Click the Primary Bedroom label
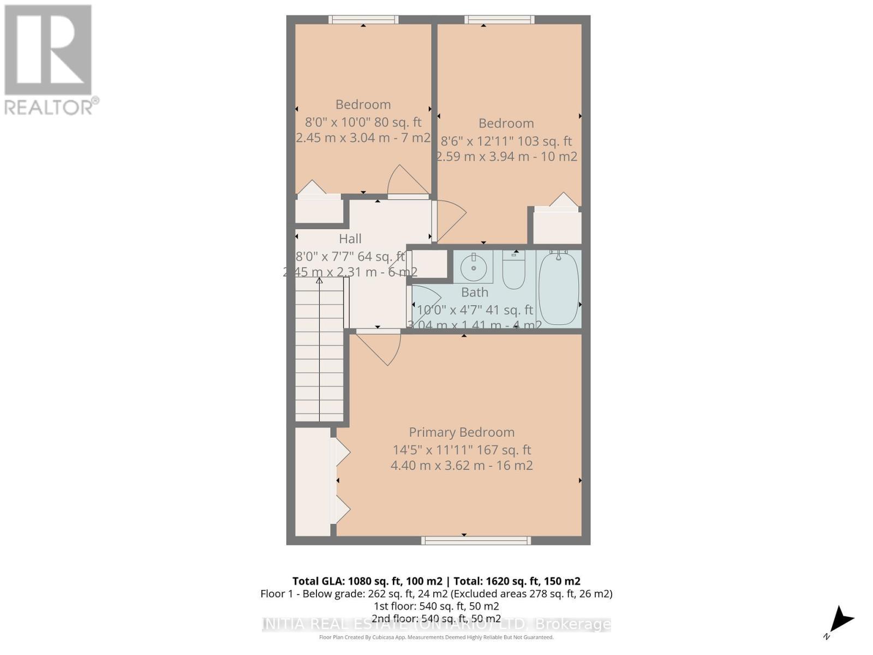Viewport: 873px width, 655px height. (x=462, y=432)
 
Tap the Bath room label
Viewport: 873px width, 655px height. (x=474, y=293)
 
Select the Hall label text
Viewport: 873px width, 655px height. (x=350, y=239)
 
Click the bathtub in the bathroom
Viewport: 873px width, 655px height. (x=558, y=288)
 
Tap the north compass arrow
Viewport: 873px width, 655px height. (x=841, y=620)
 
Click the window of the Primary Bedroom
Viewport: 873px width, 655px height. (x=475, y=540)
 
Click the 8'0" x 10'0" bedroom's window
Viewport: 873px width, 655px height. (x=363, y=20)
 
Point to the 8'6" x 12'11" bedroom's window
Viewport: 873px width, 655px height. (x=499, y=20)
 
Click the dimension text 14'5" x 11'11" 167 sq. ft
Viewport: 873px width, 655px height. (x=462, y=450)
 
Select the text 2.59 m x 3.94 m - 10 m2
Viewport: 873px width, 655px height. (x=507, y=157)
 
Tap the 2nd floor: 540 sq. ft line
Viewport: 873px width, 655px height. (x=436, y=618)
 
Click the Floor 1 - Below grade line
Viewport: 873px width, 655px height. (x=436, y=593)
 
